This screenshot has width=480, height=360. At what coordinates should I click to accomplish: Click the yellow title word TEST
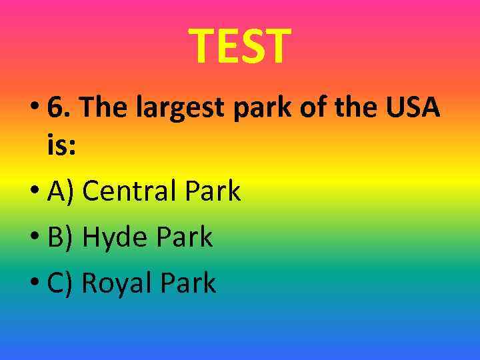240,47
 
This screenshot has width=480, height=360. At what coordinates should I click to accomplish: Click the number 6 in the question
58,107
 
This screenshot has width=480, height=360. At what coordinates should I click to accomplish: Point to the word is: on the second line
61,145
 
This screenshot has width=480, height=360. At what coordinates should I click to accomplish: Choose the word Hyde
113,237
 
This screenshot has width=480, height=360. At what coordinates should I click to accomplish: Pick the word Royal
117,283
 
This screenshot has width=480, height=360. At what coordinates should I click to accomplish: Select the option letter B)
61,237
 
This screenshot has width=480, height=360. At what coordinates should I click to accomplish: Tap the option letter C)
61,283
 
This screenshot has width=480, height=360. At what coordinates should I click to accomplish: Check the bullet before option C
35,284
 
